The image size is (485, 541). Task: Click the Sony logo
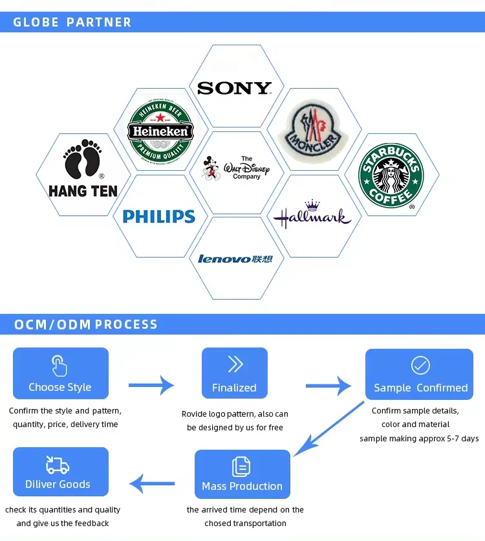(x=234, y=88)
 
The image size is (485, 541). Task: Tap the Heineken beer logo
(x=160, y=131)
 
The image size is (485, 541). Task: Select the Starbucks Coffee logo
(x=391, y=175)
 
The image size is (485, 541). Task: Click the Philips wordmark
(x=159, y=216)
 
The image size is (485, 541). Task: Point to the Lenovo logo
(x=235, y=259)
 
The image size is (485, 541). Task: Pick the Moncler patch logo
(x=308, y=132)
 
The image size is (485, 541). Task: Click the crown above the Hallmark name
(x=313, y=205)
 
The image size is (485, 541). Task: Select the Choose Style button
(x=60, y=373)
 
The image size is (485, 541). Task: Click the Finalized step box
(x=234, y=373)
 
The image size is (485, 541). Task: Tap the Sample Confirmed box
(x=420, y=374)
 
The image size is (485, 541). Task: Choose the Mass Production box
(x=242, y=474)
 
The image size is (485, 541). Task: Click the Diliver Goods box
(x=60, y=472)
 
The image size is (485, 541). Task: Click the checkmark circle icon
(x=420, y=366)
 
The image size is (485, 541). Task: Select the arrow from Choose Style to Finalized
(x=151, y=386)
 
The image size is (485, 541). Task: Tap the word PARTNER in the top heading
(x=99, y=22)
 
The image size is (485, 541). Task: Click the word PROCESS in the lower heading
(x=126, y=324)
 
